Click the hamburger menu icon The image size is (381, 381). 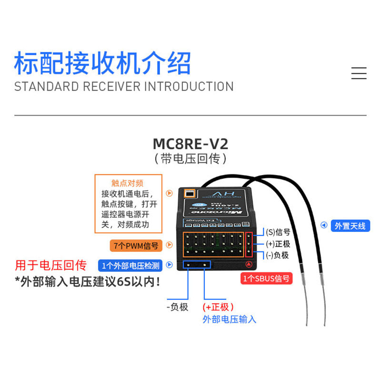click(359, 73)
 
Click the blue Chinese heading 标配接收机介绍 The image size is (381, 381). click(102, 63)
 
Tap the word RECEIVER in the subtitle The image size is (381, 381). click(111, 87)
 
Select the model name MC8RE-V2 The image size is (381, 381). click(190, 143)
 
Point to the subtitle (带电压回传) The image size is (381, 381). click(190, 159)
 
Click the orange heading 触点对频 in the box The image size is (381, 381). click(127, 183)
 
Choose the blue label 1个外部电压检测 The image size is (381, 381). click(130, 265)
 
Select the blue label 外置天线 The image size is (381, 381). click(350, 226)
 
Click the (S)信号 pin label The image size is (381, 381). click(278, 232)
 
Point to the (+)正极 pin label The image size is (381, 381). click(278, 244)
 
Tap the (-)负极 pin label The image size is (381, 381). click(278, 255)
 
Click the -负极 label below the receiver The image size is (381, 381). click(178, 307)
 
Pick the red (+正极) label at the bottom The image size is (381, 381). click(218, 307)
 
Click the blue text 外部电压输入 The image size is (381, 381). click(229, 320)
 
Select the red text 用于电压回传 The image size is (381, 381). click(50, 265)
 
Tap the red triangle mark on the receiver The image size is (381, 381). click(248, 264)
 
